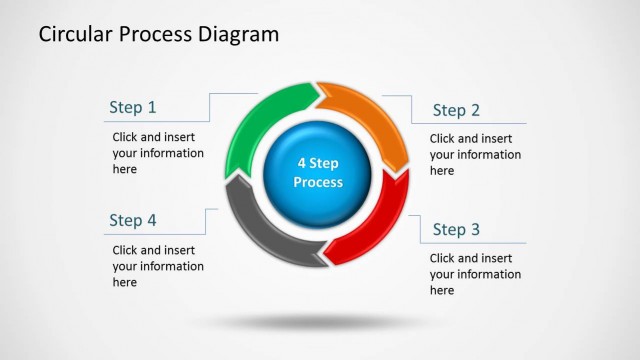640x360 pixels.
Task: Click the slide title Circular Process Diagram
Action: point(158,35)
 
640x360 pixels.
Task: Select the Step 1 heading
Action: point(133,107)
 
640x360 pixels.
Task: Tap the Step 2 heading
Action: point(456,110)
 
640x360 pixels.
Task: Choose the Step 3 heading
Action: point(456,230)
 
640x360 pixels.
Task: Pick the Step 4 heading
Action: point(133,220)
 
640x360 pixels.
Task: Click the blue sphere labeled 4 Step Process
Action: point(318,172)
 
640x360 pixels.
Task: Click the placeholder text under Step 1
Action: point(158,153)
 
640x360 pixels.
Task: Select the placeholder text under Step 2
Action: point(475,155)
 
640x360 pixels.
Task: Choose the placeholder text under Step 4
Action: point(158,266)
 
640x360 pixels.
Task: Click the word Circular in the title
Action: point(75,35)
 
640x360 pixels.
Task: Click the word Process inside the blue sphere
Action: point(318,183)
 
